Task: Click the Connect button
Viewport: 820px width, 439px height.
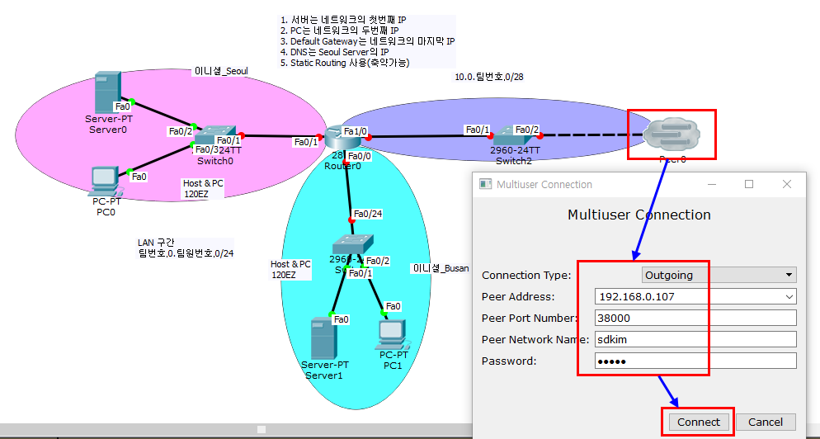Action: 698,422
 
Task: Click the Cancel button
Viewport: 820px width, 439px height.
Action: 765,422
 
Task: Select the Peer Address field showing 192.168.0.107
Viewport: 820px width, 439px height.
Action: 695,296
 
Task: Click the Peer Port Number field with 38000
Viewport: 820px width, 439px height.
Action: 695,318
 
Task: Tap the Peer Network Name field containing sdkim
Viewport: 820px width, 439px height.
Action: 695,339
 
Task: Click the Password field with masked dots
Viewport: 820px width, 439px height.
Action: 695,361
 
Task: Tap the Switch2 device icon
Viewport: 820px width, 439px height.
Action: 504,132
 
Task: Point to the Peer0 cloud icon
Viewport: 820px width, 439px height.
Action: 671,134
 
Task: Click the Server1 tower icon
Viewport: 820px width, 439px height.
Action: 321,338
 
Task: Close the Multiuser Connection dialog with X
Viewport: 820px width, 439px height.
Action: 787,184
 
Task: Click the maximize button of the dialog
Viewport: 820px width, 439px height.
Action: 749,184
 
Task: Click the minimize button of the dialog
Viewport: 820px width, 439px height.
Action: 711,184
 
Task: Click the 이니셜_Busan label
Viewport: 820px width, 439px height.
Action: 441,268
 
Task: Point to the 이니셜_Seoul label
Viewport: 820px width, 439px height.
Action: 220,71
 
